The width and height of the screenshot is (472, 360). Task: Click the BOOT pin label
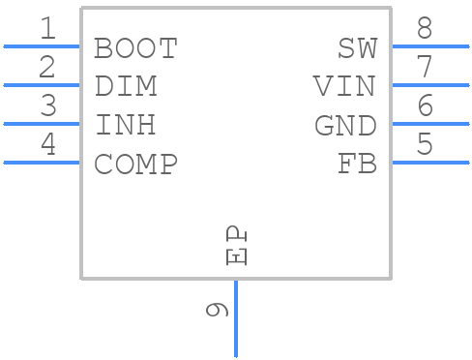click(135, 47)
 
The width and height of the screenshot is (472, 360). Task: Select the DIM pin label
click(126, 86)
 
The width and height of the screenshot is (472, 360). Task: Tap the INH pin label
click(126, 125)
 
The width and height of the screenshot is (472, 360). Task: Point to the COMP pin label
click(135, 164)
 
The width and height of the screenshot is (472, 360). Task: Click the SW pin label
click(357, 47)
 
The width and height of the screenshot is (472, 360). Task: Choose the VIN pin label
click(344, 86)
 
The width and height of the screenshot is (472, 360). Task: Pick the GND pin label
click(345, 125)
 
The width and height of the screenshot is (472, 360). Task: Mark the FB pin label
click(357, 164)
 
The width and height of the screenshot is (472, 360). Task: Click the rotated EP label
click(237, 246)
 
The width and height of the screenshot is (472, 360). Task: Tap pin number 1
click(47, 29)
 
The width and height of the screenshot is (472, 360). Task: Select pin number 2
click(47, 68)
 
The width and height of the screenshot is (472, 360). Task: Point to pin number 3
click(47, 106)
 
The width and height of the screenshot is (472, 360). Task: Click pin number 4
click(47, 145)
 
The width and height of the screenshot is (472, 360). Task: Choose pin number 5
click(425, 145)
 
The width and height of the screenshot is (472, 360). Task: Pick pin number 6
click(425, 106)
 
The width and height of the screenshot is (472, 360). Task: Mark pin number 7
click(425, 68)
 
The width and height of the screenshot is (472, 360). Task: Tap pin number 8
click(425, 29)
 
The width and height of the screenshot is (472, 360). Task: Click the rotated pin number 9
click(218, 310)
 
